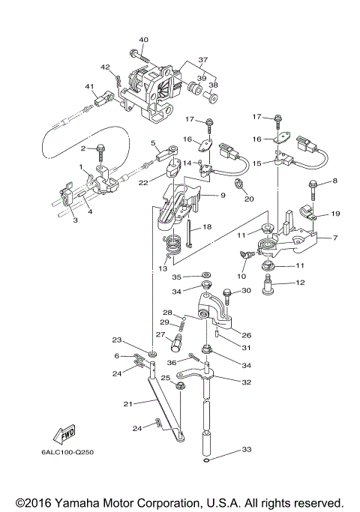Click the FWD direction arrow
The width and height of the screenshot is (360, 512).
(64, 434)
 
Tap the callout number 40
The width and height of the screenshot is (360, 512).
(143, 40)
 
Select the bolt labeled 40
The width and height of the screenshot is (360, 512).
(139, 56)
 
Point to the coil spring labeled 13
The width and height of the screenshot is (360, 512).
(172, 247)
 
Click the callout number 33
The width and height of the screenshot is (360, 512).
(247, 449)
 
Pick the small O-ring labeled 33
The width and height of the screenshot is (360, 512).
(205, 460)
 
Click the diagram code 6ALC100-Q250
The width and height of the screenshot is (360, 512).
(67, 452)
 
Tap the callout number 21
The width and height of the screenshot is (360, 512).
(127, 404)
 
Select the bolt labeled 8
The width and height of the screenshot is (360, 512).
(312, 191)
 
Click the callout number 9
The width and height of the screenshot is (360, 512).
(223, 195)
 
